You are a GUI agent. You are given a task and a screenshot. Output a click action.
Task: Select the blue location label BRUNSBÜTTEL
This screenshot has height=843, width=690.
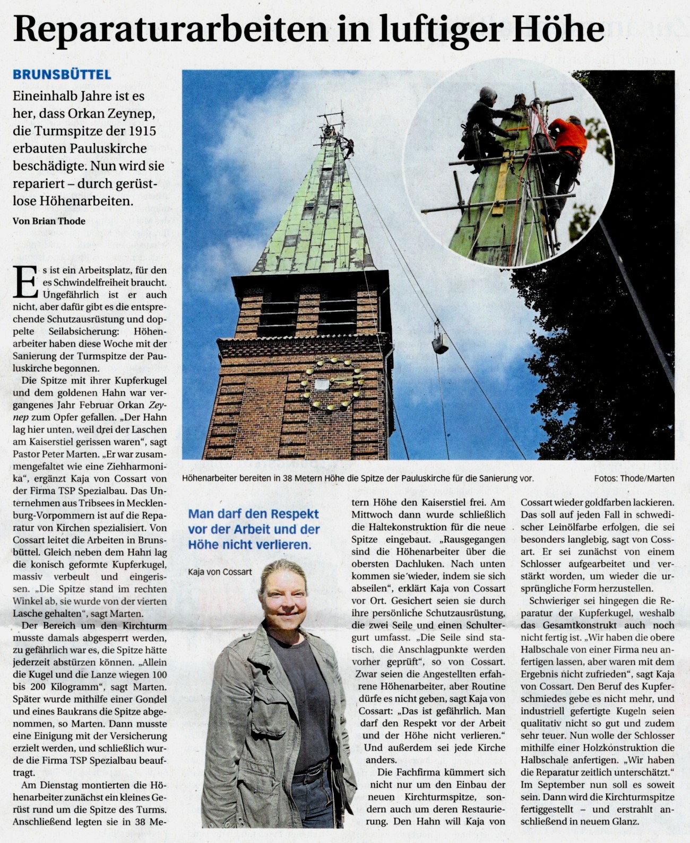pyautogui.click(x=62, y=75)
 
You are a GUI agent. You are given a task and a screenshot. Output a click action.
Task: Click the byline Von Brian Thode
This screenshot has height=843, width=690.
pyautogui.click(x=49, y=221)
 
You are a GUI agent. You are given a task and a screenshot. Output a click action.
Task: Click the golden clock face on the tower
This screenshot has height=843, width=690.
pyautogui.click(x=332, y=384)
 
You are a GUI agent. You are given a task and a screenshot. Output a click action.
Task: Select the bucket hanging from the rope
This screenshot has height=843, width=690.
pyautogui.click(x=439, y=345)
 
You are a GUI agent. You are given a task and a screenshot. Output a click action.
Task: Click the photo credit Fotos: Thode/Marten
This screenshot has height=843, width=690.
pyautogui.click(x=634, y=478)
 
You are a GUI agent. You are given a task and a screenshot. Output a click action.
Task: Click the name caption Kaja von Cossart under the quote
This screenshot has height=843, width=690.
pyautogui.click(x=220, y=572)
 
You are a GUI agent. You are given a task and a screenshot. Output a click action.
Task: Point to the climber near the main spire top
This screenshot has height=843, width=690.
pyautogui.click(x=348, y=146)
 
